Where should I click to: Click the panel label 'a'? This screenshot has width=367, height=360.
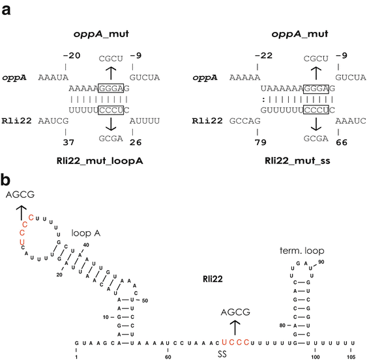[7, 7]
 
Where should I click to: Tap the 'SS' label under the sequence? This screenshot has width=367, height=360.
[234, 355]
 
